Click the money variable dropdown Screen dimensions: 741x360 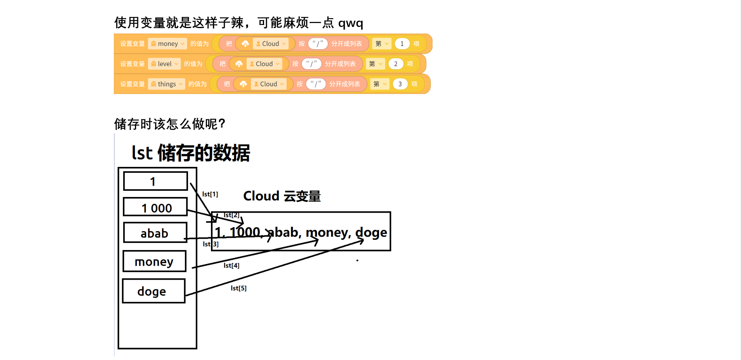[167, 44]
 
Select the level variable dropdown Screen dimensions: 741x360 [164, 64]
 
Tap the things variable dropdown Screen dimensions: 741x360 [167, 84]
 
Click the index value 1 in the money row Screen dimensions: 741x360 [402, 44]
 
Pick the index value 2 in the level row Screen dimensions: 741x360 [396, 64]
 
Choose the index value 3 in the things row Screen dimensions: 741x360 [400, 84]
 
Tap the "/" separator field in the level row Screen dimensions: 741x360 [312, 64]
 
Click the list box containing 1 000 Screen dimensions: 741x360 [156, 207]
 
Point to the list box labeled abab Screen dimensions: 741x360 [155, 232]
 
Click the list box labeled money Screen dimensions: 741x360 [154, 261]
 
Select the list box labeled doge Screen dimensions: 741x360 [154, 291]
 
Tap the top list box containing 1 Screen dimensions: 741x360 [156, 181]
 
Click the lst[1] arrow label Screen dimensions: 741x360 [210, 194]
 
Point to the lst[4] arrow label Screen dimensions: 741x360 [231, 266]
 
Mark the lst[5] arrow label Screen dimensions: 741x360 [238, 288]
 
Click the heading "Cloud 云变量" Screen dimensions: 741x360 [282, 196]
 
